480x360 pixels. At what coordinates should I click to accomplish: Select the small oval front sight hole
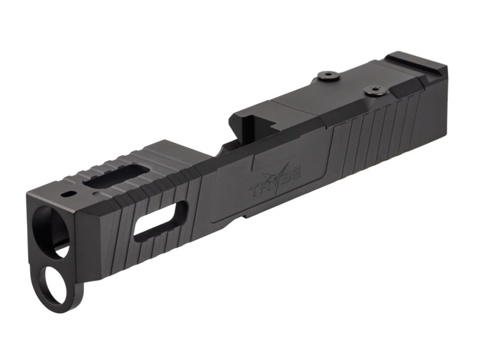[x=68, y=194]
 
